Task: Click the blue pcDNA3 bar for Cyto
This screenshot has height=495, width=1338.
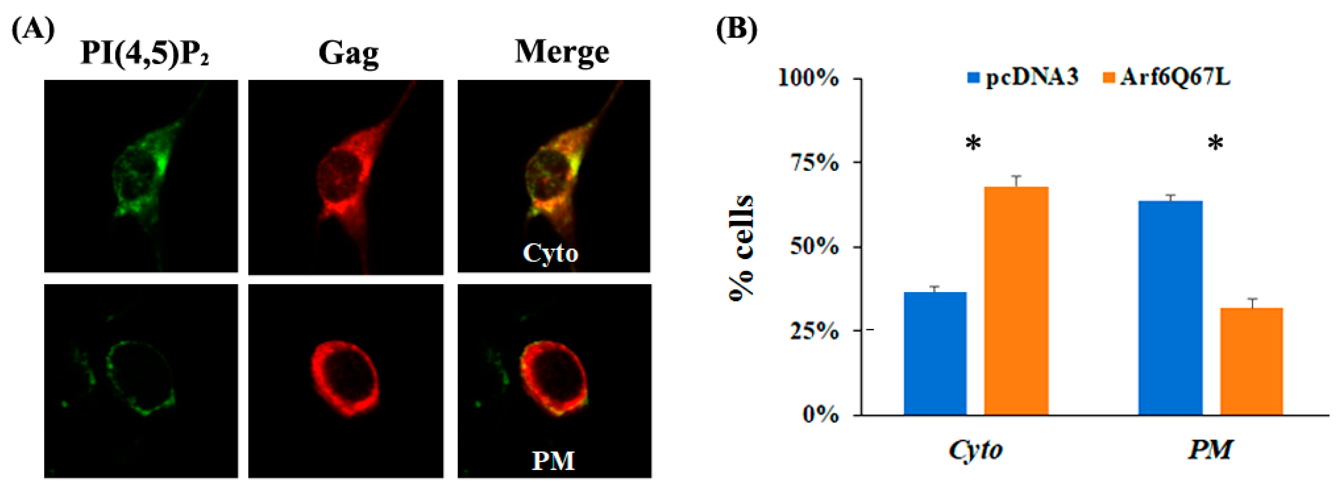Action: pyautogui.click(x=935, y=354)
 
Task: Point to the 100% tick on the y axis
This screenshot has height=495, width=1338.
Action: pyautogui.click(x=808, y=79)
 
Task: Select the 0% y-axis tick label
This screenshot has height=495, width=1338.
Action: pyautogui.click(x=820, y=414)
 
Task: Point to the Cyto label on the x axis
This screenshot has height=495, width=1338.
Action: pyautogui.click(x=975, y=450)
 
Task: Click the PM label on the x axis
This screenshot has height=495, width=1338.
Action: pyautogui.click(x=1210, y=450)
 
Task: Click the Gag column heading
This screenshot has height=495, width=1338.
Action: pyautogui.click(x=348, y=54)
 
